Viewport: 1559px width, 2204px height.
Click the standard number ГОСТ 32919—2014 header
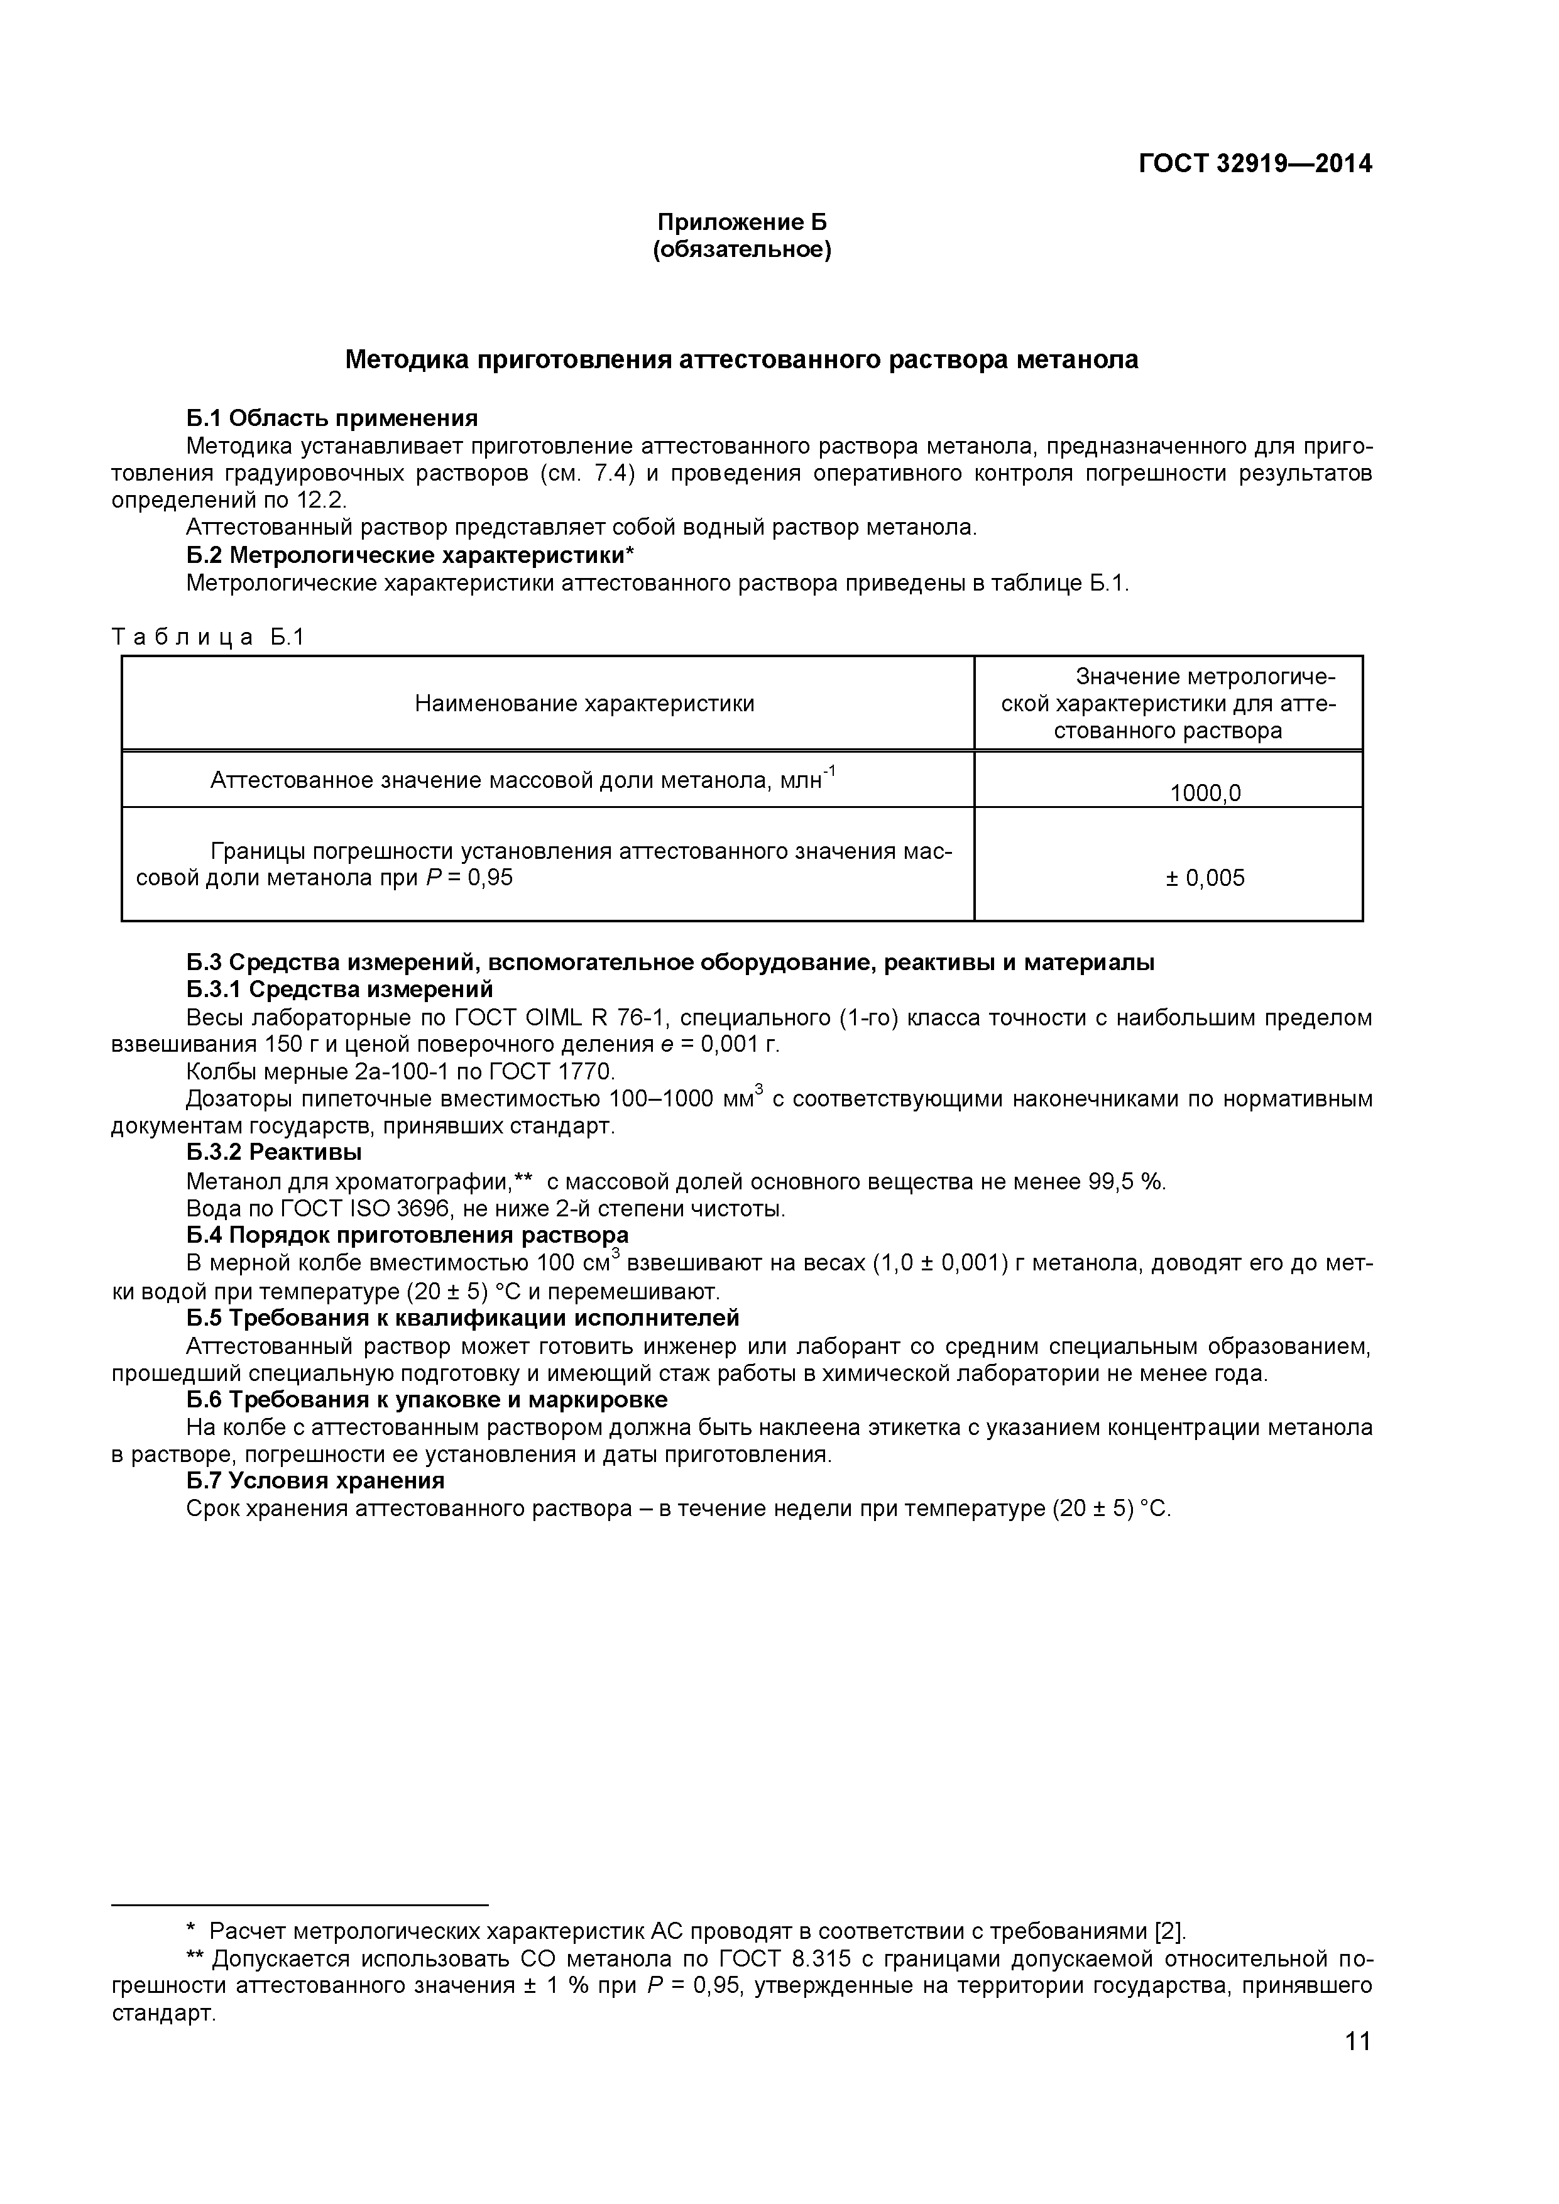(x=1255, y=164)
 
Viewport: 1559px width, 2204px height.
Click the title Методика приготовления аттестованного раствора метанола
(x=741, y=360)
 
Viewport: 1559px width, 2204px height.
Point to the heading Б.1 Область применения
(x=332, y=418)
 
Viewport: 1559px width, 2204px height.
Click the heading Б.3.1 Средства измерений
(x=340, y=989)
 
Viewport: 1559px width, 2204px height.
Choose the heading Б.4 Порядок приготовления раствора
(x=408, y=1235)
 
